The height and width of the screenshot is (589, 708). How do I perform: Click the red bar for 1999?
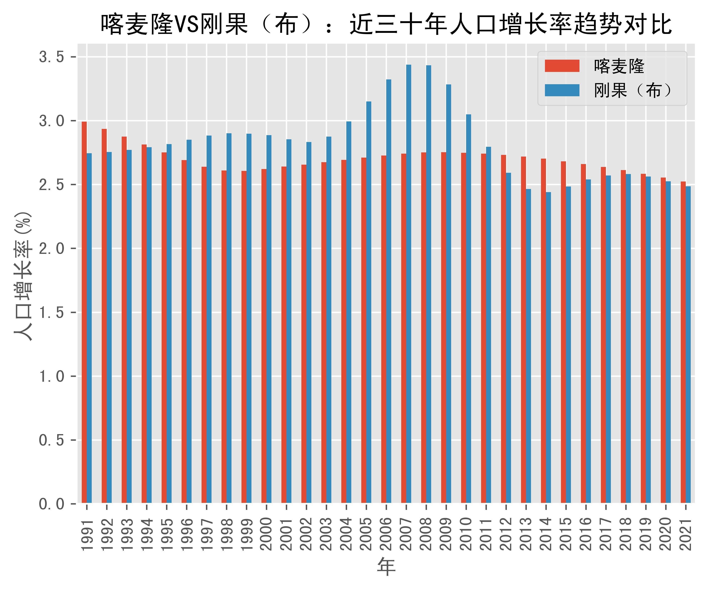coord(244,337)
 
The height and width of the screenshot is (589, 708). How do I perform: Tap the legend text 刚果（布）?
coord(634,90)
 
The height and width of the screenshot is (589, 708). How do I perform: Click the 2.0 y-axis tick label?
coord(51,249)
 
